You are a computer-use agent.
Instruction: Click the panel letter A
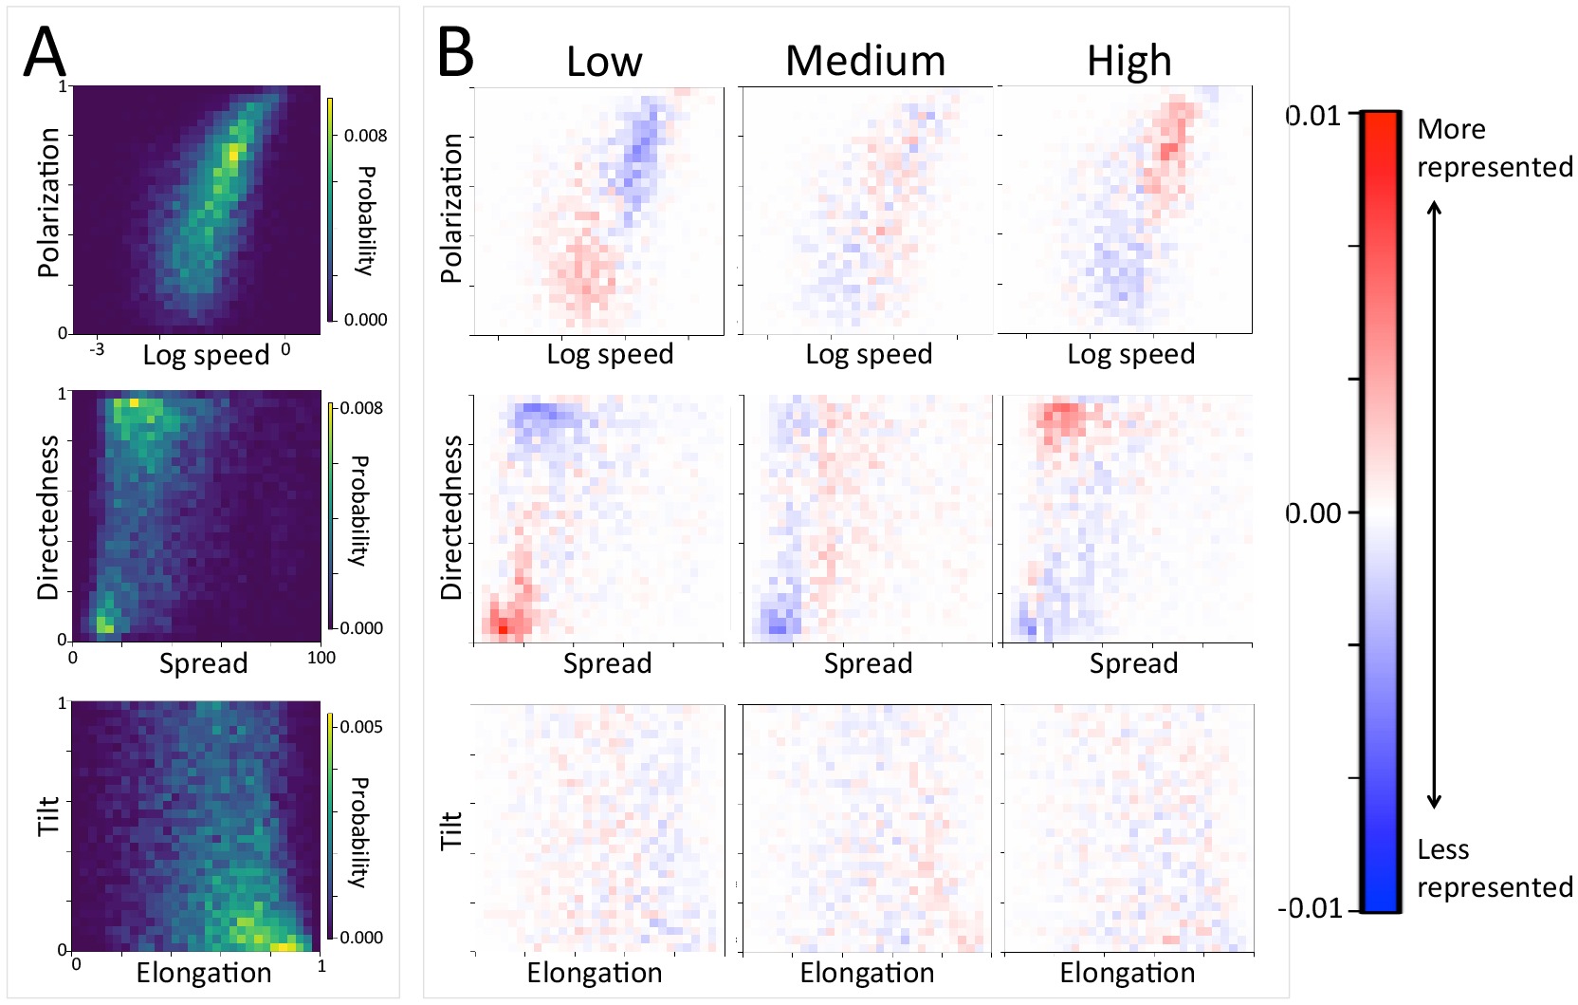point(45,53)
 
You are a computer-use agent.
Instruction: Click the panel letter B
point(455,53)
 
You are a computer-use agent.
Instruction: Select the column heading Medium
point(865,61)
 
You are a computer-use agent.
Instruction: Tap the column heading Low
point(604,62)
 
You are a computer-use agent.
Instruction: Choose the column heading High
point(1128,62)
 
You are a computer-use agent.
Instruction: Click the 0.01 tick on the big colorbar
point(1314,116)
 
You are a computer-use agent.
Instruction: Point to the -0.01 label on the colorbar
point(1310,908)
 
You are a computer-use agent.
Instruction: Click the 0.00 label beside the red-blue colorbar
point(1314,513)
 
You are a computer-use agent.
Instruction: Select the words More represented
point(1494,148)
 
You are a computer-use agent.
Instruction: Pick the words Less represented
point(1494,868)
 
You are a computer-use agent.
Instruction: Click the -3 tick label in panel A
point(97,349)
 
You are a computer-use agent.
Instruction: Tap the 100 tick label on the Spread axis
point(321,658)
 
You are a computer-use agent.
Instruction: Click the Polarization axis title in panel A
point(48,203)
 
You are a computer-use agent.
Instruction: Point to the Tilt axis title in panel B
point(451,828)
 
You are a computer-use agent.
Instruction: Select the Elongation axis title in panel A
point(204,973)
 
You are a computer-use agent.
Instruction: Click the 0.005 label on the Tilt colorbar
point(361,727)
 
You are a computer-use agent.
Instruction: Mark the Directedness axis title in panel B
point(451,518)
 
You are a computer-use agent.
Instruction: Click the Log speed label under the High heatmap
point(1130,354)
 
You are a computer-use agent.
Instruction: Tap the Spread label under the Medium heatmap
point(868,663)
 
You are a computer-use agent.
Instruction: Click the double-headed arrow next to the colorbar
point(1435,505)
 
